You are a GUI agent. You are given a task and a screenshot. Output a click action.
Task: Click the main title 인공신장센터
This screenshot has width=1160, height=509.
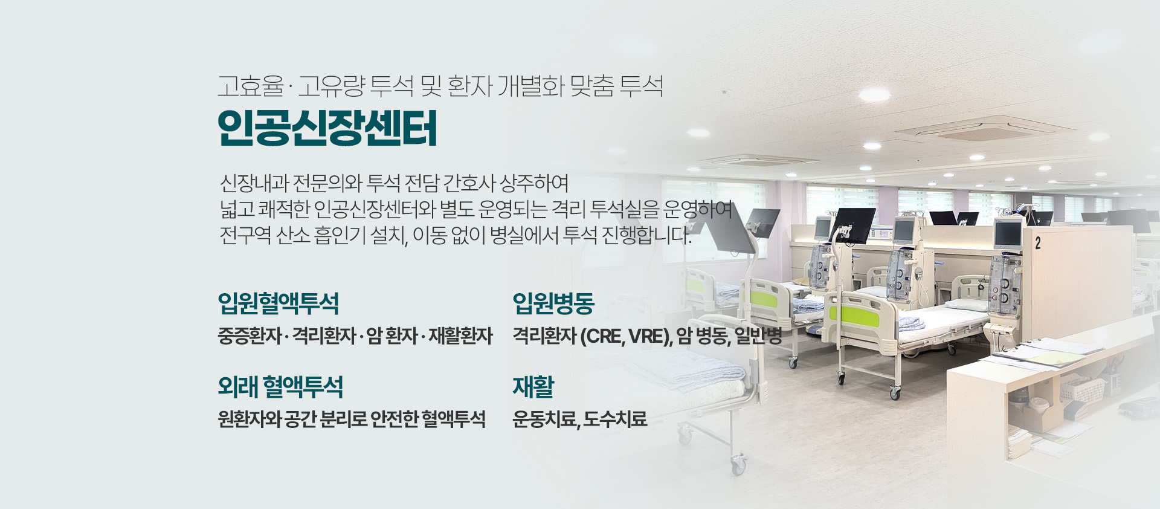click(x=327, y=128)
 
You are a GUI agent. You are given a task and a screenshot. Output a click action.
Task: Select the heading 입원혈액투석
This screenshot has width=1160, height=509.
click(x=278, y=303)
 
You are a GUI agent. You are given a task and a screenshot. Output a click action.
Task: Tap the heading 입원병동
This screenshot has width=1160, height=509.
click(x=553, y=303)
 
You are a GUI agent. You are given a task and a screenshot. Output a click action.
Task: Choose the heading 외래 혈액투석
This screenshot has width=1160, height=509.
click(x=280, y=386)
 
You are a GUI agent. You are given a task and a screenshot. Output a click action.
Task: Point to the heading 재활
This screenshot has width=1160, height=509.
click(x=533, y=386)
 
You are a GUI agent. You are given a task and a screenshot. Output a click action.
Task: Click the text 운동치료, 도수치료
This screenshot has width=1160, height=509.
click(x=579, y=418)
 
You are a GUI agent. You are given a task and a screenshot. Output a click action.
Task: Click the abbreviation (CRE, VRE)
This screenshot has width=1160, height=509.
click(x=626, y=336)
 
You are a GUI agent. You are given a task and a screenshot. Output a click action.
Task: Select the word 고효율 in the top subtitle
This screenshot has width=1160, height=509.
click(x=250, y=86)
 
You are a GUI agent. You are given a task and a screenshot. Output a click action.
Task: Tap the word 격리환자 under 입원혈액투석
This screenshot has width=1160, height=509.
click(x=324, y=336)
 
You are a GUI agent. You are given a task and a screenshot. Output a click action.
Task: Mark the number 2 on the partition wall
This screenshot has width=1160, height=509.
click(x=1037, y=244)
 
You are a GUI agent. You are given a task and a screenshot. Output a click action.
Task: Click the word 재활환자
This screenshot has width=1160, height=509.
click(x=460, y=336)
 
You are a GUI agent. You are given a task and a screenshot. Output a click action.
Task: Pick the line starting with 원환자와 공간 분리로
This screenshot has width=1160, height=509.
click(x=352, y=418)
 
